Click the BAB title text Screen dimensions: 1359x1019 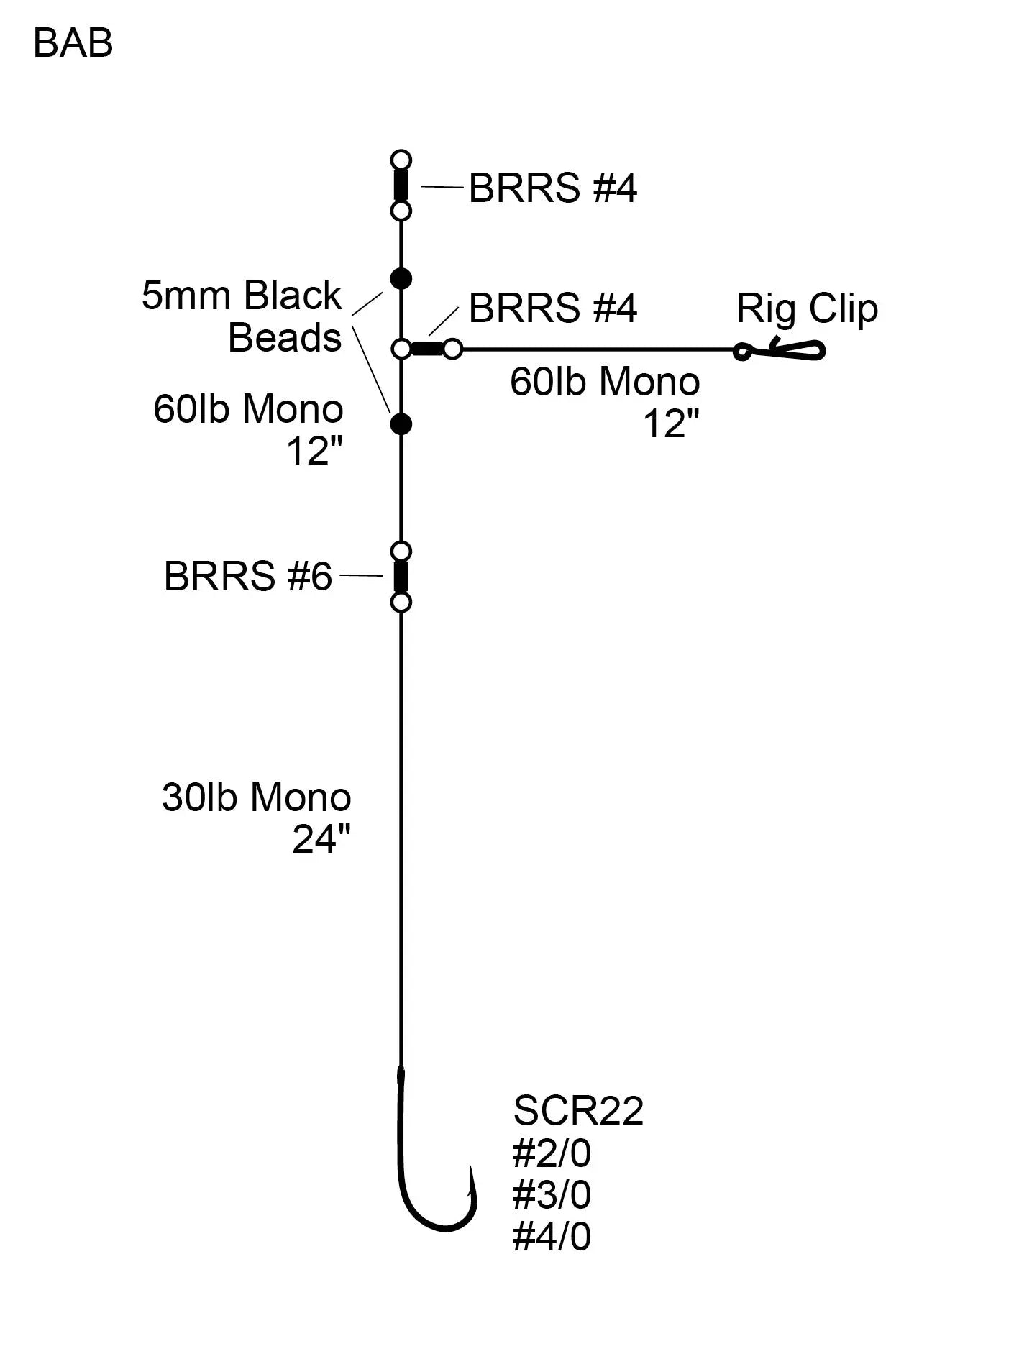(73, 44)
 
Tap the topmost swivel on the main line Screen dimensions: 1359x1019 (401, 185)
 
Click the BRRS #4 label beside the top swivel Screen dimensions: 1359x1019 (552, 188)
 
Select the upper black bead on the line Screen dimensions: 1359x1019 (401, 278)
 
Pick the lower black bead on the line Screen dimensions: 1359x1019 (401, 424)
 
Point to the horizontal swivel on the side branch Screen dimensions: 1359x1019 (427, 349)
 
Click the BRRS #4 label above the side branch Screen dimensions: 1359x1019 (552, 308)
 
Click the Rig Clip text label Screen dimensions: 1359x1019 (806, 308)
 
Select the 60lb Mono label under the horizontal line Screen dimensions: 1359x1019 (605, 382)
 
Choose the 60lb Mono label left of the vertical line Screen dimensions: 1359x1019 (248, 409)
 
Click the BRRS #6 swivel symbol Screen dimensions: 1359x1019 (401, 576)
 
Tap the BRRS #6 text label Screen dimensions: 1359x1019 (248, 576)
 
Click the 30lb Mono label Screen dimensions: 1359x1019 (257, 797)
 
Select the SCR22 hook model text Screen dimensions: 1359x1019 (578, 1110)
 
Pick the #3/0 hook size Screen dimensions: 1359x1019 (552, 1195)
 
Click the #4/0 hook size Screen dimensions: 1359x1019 (552, 1237)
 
